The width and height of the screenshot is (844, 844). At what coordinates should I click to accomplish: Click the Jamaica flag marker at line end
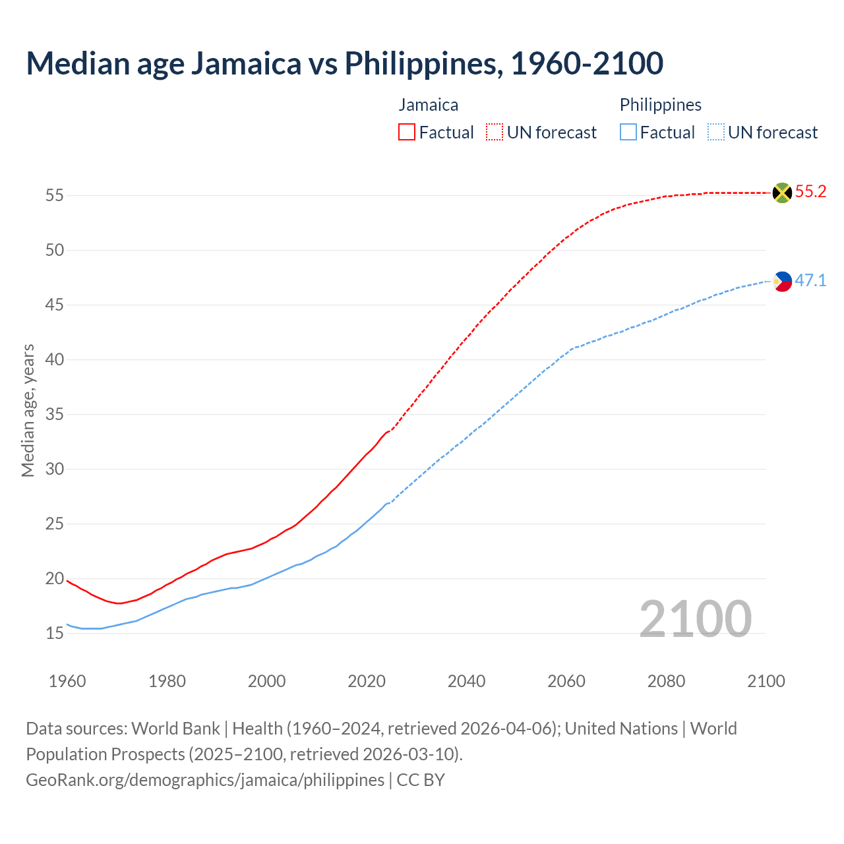point(782,193)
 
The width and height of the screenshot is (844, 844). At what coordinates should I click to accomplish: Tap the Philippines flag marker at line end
point(782,281)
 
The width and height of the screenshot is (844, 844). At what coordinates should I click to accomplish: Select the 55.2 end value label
point(810,192)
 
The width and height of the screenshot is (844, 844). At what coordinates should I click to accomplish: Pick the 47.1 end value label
point(810,280)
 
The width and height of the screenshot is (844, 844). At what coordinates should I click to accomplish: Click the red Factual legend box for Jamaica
point(407,133)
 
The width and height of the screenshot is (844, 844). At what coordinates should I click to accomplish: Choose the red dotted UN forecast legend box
point(495,133)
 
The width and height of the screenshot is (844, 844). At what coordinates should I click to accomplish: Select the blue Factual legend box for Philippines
point(628,133)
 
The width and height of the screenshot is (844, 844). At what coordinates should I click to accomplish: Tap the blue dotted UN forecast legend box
point(715,133)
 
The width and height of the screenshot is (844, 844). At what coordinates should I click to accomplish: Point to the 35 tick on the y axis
point(55,415)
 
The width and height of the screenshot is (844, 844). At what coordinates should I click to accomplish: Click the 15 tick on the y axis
point(55,634)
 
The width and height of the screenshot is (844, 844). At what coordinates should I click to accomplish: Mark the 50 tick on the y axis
point(55,251)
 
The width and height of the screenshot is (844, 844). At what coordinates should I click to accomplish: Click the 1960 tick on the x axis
point(67,681)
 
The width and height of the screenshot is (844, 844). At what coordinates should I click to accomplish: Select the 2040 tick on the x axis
point(466,681)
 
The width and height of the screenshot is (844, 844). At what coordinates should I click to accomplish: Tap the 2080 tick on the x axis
point(666,681)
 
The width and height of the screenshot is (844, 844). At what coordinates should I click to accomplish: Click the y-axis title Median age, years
point(28,410)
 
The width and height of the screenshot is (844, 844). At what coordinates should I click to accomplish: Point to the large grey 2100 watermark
point(695,618)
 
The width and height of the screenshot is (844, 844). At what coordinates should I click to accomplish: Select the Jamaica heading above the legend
point(428,105)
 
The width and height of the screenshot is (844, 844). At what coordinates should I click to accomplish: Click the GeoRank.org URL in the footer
point(205,780)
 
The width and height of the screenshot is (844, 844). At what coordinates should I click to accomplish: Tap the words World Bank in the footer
point(175,729)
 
